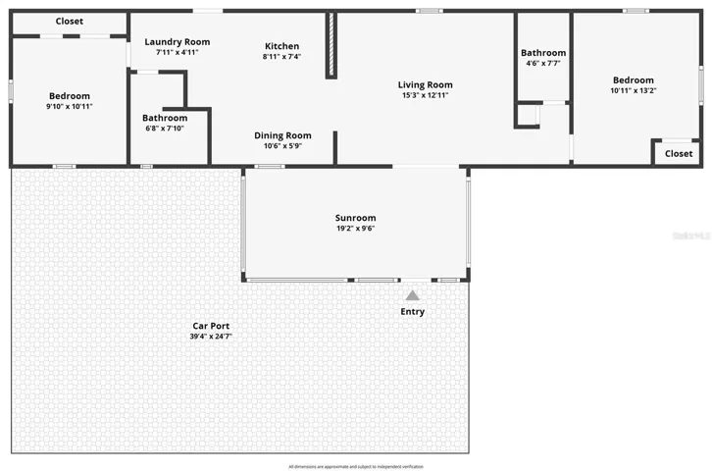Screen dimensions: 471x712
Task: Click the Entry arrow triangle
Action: pos(413,295)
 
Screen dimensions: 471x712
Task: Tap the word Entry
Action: pos(413,312)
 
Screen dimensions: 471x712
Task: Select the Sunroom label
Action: pos(355,218)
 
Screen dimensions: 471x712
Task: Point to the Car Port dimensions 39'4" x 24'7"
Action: pos(211,337)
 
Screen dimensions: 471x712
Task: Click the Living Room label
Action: pos(425,84)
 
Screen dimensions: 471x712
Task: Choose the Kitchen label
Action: pos(281,46)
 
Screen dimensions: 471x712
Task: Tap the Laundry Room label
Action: pos(177,41)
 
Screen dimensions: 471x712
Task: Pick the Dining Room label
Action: pos(282,135)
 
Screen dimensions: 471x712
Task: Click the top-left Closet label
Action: pos(69,22)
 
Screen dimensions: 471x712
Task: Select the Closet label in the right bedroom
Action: pos(679,153)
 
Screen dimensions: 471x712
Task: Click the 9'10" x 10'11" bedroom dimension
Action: pos(69,106)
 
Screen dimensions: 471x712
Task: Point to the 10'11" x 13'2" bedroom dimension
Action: pos(633,90)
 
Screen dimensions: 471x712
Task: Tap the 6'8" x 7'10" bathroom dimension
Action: pos(164,128)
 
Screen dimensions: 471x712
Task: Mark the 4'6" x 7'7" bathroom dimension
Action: pos(542,63)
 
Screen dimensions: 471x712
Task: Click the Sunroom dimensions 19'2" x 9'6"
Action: pos(355,229)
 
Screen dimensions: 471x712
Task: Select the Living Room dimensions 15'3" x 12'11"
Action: pos(425,95)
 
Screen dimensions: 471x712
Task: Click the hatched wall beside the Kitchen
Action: pos(331,45)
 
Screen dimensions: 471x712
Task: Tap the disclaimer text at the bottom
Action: pos(356,466)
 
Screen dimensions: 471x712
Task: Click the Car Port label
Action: pos(211,326)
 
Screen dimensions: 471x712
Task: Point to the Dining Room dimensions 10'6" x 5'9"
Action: pos(282,146)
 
